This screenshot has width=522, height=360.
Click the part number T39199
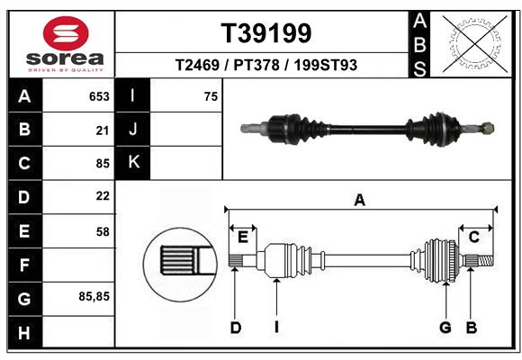(x=266, y=33)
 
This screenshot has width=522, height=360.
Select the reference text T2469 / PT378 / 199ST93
(x=266, y=65)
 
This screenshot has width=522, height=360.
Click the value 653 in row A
(x=98, y=96)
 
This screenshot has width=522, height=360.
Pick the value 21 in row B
(x=102, y=130)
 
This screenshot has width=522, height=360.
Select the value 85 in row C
(x=102, y=164)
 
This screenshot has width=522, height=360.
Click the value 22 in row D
(x=102, y=196)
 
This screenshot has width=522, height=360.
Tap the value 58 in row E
(x=102, y=231)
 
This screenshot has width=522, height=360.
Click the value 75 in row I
(x=211, y=96)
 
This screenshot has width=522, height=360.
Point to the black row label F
(x=24, y=265)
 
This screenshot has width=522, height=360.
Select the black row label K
(x=133, y=163)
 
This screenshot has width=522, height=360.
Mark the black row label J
(x=133, y=130)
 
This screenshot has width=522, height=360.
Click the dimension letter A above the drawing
(x=360, y=200)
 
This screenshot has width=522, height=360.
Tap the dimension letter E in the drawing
(x=242, y=237)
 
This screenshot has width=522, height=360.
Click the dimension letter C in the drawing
(x=473, y=237)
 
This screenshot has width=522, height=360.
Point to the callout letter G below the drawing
(x=445, y=328)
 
